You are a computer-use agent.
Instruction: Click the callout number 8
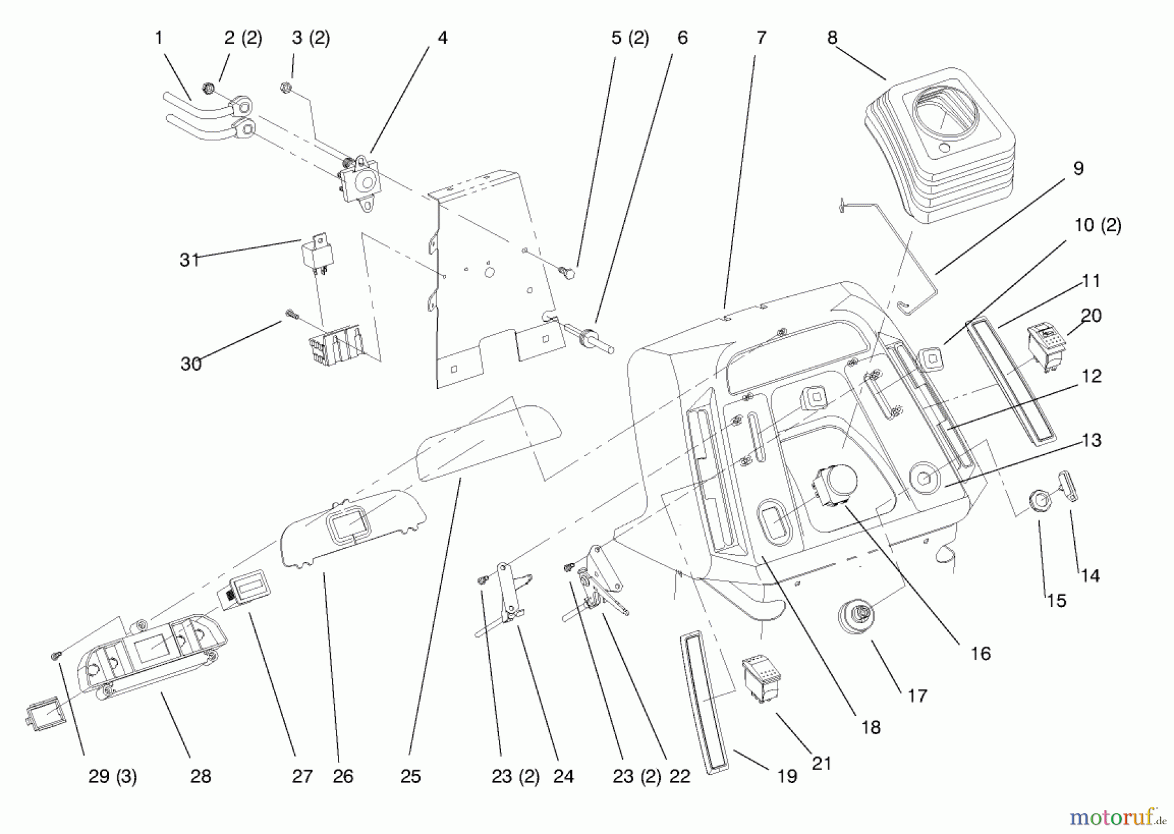[x=832, y=38]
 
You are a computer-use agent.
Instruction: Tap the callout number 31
[x=189, y=260]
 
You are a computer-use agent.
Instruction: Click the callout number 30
[x=190, y=363]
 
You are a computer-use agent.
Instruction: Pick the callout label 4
[x=442, y=38]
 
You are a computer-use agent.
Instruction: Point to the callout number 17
[x=917, y=696]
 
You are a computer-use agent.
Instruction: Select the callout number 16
[x=980, y=653]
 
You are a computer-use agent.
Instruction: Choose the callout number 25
[x=410, y=776]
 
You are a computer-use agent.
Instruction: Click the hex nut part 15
[x=1041, y=502]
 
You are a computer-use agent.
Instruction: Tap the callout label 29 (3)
[x=112, y=776]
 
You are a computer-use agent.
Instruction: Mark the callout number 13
[x=1091, y=440]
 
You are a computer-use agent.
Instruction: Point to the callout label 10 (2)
[x=1097, y=225]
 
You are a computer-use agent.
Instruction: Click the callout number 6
[x=682, y=38]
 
